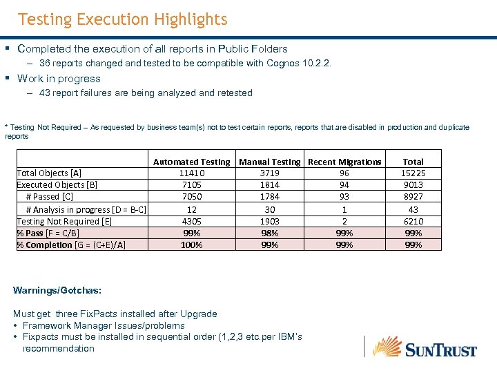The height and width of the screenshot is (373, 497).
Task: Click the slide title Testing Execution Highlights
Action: pos(122,19)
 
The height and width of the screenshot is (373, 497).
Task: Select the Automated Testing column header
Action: pos(191,162)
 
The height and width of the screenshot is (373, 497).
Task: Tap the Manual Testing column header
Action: pos(270,162)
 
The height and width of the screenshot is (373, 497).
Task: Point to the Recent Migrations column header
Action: pos(344,162)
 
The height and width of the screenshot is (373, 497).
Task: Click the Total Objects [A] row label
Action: pos(49,173)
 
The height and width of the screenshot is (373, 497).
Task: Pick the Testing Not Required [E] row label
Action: pos(64,221)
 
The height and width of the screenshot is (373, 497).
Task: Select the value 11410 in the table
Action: pos(191,173)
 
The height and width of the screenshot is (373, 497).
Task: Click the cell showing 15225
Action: pos(413,173)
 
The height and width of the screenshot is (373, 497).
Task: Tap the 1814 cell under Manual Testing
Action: pos(270,184)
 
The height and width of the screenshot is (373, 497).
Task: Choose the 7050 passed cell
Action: pos(191,197)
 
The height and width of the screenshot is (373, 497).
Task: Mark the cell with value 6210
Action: pos(413,221)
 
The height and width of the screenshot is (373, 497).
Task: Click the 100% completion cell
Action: pos(191,245)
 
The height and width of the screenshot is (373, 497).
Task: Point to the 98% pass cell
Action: pos(270,233)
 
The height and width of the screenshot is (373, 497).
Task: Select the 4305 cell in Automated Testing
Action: pos(191,221)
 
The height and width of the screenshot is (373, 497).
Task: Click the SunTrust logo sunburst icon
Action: pos(387,345)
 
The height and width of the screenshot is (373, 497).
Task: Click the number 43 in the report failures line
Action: pos(45,93)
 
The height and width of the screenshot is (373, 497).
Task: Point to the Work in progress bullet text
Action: pos(59,78)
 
